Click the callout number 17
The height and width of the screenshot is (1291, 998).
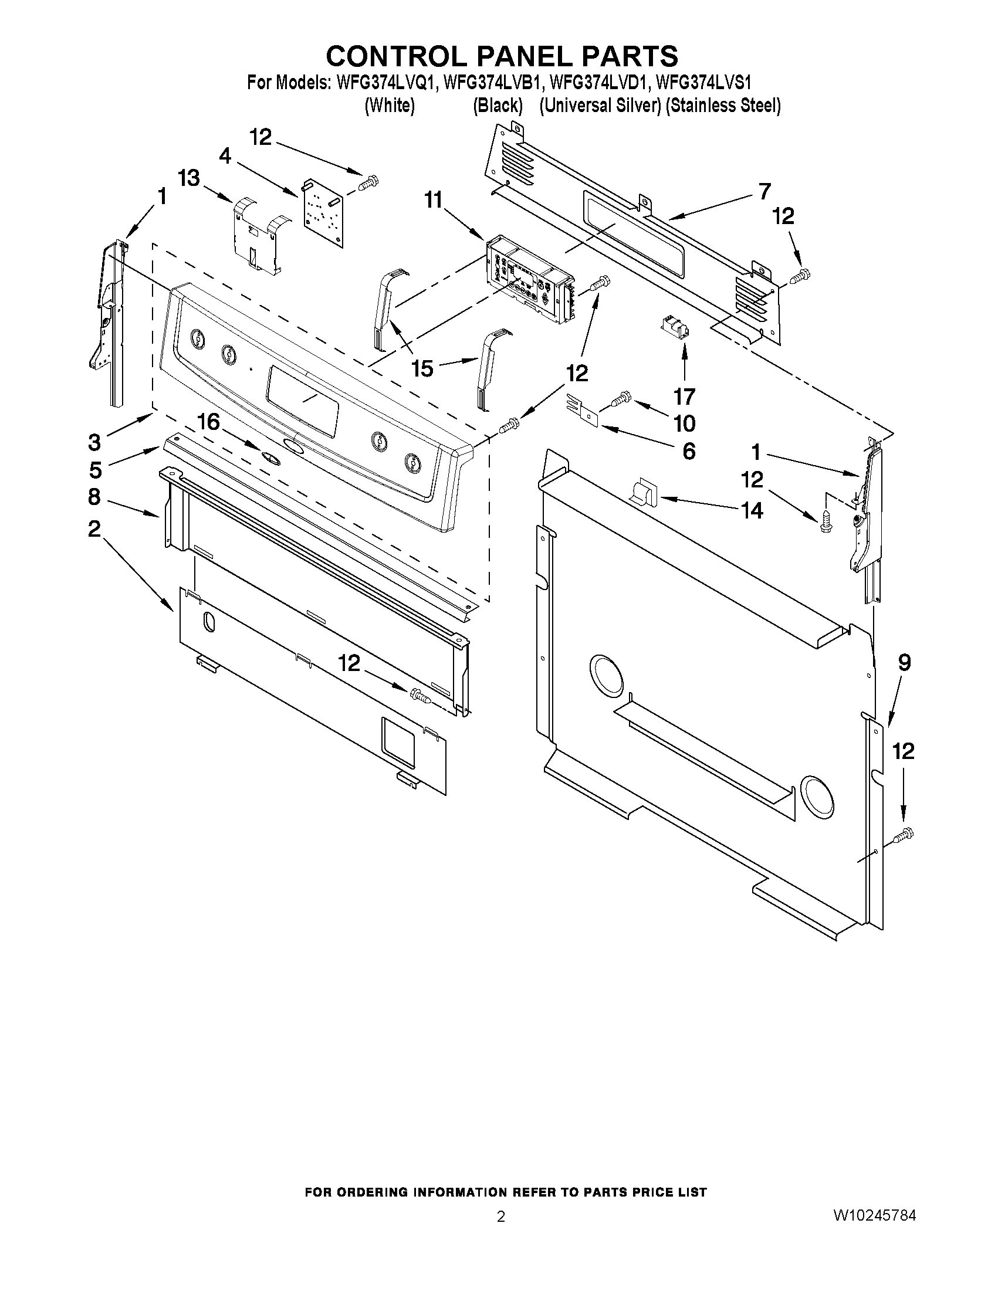coord(685,395)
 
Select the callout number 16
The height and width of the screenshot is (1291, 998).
coord(208,422)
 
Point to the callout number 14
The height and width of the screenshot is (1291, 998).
coord(752,510)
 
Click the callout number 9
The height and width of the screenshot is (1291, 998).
coord(905,663)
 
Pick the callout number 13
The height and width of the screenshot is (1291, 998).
coord(189,178)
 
